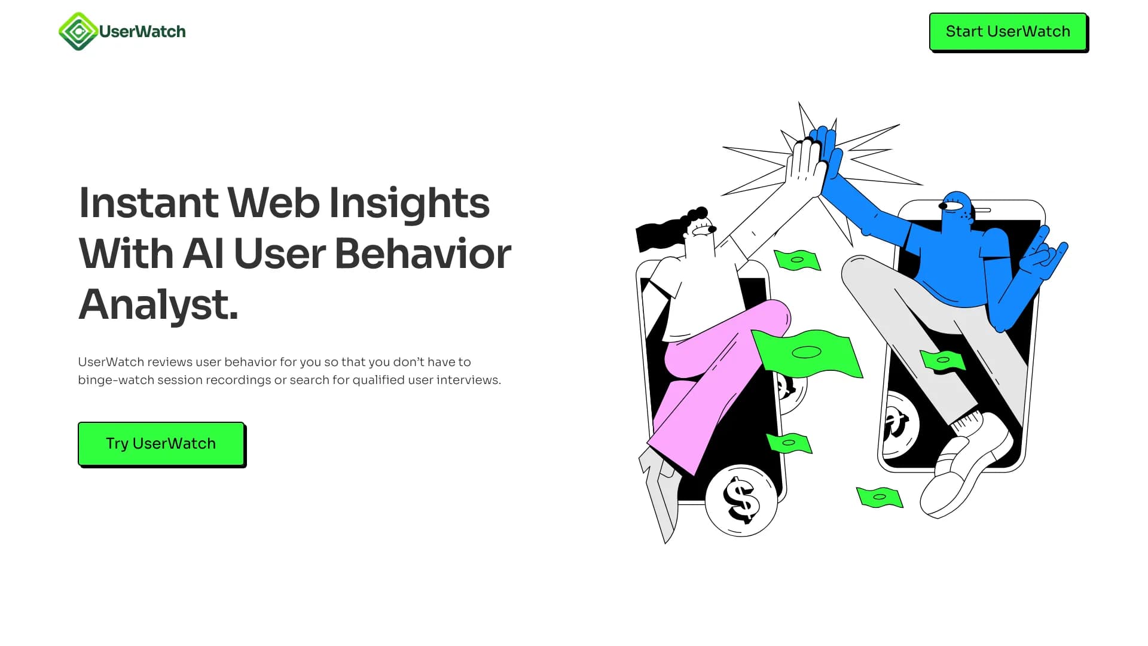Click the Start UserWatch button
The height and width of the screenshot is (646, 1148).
1007,32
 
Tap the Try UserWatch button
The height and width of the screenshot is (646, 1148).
161,444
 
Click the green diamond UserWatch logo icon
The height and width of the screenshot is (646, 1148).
78,31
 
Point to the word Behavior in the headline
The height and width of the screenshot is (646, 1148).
423,254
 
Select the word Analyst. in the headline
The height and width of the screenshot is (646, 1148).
158,304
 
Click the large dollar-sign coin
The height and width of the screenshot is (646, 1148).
741,500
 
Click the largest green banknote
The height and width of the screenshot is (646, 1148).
807,353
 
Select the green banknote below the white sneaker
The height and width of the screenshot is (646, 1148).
879,497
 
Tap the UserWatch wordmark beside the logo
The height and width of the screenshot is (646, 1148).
142,32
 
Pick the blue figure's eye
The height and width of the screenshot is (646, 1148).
952,206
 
